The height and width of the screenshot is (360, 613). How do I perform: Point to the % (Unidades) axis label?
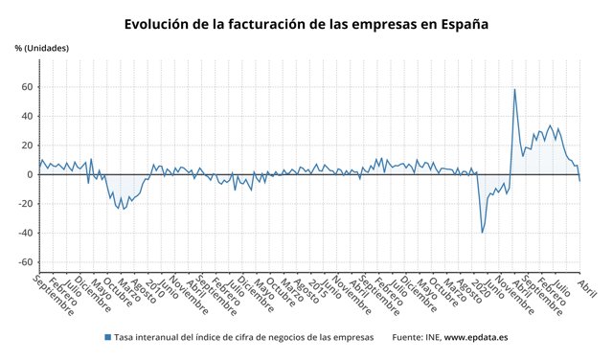[42, 48]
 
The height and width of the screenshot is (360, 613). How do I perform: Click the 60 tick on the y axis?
[27, 87]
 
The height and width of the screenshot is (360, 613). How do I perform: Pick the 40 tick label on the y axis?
[27, 117]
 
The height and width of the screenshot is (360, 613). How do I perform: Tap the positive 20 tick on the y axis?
[27, 146]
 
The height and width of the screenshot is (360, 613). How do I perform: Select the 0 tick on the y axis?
[30, 175]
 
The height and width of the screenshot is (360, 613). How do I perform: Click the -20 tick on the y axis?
[25, 204]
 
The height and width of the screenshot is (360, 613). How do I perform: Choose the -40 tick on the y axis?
[25, 234]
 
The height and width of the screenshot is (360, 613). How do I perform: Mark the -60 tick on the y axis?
[25, 262]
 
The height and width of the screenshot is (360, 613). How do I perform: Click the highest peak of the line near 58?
[514, 90]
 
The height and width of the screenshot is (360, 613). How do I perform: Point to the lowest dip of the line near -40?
[482, 233]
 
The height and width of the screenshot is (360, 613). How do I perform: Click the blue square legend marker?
[106, 338]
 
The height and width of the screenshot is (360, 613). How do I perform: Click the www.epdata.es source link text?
[476, 338]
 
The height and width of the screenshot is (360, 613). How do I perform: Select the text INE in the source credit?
[430, 338]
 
